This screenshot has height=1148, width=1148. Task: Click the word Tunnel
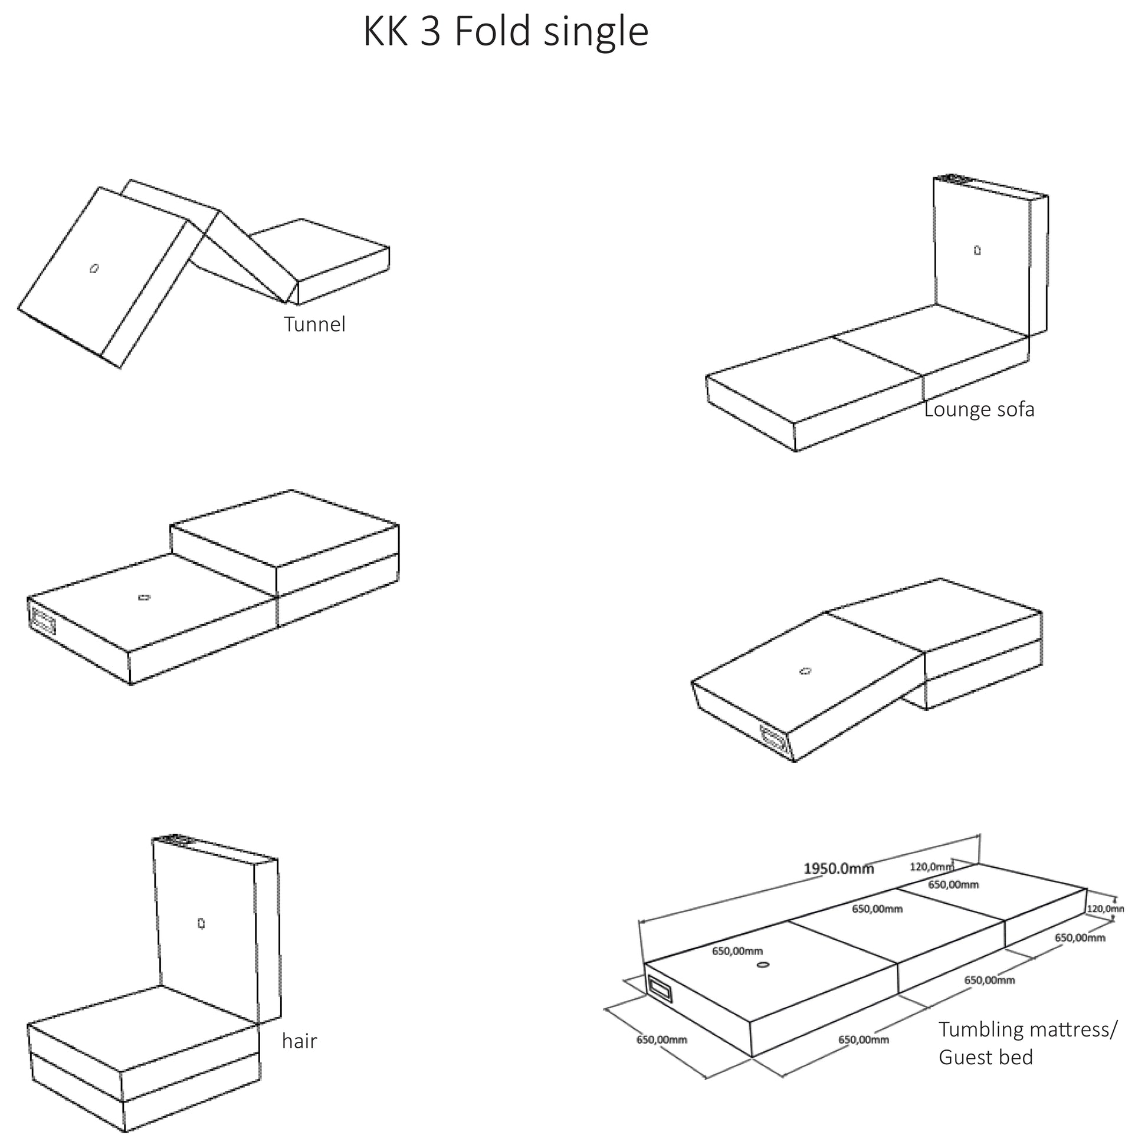tap(314, 324)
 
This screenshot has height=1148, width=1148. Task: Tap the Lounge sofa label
tap(979, 409)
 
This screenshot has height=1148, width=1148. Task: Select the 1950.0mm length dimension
tap(838, 869)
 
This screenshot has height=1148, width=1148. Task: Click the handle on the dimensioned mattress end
tap(660, 989)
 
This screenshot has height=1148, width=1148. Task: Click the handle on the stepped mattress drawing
tap(44, 622)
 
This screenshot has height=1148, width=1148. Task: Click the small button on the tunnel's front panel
tap(94, 268)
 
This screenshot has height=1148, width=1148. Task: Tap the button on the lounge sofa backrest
tap(978, 250)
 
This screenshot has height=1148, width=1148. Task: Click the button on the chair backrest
tap(201, 923)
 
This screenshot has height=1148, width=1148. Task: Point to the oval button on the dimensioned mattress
tap(763, 965)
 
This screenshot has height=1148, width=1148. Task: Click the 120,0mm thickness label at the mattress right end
tap(1105, 908)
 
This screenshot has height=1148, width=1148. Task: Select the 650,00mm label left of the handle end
tap(661, 1040)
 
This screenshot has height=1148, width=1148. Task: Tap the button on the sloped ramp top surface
tap(806, 671)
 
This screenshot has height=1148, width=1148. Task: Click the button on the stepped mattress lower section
tap(144, 597)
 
